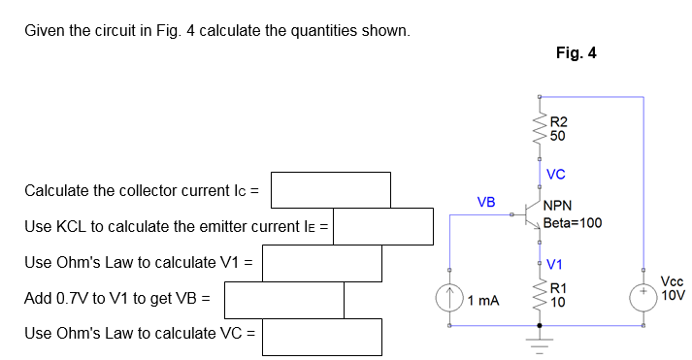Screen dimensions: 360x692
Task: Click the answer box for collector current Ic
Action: (330, 190)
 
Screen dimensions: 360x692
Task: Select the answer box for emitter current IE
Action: (383, 227)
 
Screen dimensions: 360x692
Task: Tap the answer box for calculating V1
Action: (322, 262)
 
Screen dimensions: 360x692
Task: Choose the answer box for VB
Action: (284, 299)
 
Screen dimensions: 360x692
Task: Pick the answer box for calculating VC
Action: (322, 336)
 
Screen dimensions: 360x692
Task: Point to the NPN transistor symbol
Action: (531, 213)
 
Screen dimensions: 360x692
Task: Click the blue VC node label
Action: (556, 175)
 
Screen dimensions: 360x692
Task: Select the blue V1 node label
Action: (555, 264)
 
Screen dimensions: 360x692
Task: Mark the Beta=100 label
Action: (573, 222)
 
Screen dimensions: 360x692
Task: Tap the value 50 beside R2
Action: (557, 136)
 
